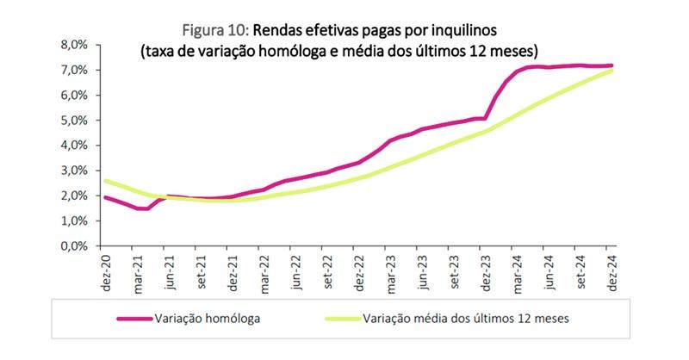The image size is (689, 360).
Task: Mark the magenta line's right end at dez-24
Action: pyautogui.click(x=611, y=65)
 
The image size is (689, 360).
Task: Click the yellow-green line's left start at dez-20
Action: pyautogui.click(x=105, y=181)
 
